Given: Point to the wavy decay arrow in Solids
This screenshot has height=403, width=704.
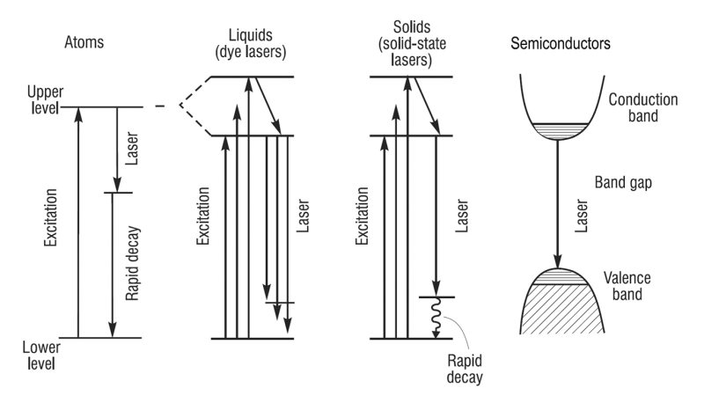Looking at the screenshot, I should [433, 318].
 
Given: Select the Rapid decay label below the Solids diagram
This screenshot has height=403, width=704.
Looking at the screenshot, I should [466, 370].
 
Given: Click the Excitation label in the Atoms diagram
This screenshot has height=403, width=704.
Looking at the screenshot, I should [52, 215].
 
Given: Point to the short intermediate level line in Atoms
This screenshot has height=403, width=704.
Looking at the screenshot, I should [117, 193].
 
